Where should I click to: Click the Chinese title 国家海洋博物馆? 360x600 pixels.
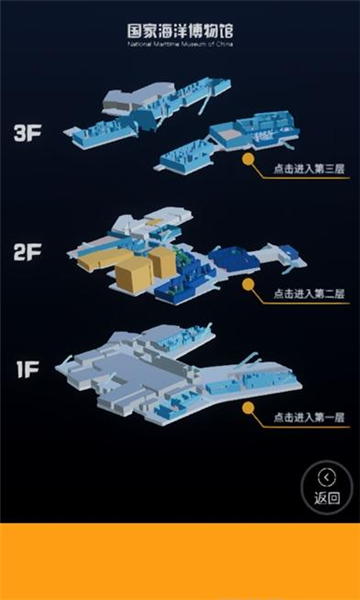tap(180, 31)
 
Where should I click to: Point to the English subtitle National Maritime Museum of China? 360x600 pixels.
tap(180, 45)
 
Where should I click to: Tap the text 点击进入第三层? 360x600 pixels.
tap(306, 170)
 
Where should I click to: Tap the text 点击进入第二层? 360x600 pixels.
tap(306, 296)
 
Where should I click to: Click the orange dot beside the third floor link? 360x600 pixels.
tap(247, 158)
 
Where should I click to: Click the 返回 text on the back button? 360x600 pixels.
tap(326, 497)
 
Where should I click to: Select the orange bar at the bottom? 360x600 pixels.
tap(180, 560)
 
